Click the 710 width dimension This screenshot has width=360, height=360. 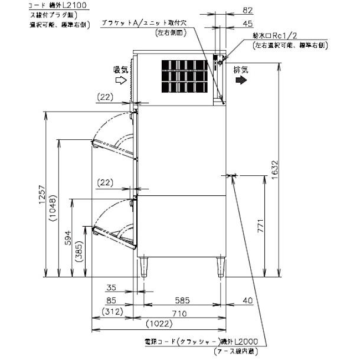pos(181,312)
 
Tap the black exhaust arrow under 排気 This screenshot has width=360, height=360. pos(240,82)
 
